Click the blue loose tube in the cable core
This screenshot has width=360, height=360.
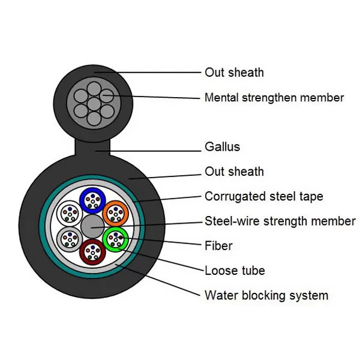pos(92,199)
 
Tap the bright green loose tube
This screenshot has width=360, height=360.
pos(115,239)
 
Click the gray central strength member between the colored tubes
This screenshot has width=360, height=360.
pos(92,226)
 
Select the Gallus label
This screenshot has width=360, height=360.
pos(222,147)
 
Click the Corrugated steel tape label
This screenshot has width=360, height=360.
pos(263,196)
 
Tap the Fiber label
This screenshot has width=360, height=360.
pos(218,245)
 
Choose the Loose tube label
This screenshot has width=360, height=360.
pos(235,270)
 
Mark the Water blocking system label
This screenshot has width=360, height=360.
pos(266,295)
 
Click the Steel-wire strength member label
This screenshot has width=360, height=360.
pos(280,221)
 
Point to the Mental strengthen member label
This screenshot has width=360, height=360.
pos(274,97)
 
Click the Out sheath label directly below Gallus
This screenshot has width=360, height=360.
pos(234,172)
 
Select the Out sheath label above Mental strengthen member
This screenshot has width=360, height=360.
pos(234,73)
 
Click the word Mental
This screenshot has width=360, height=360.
pos(221,97)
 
